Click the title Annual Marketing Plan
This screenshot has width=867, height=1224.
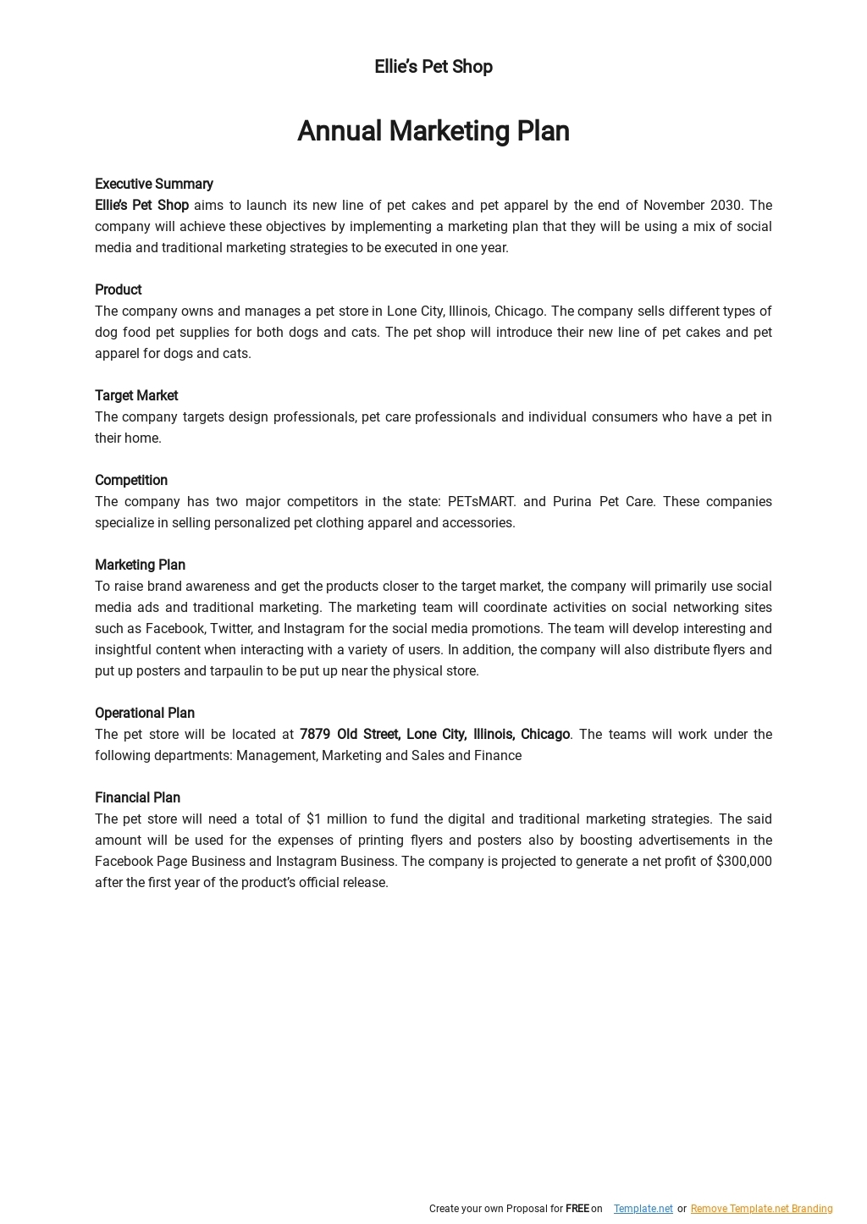[x=433, y=131]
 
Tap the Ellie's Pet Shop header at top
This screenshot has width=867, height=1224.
[x=433, y=67]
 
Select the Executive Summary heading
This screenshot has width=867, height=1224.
[x=154, y=184]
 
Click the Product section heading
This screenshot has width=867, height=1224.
[x=118, y=289]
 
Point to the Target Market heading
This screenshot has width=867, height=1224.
[x=136, y=395]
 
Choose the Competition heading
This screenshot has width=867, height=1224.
[x=131, y=480]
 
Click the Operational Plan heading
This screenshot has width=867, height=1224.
[x=145, y=713]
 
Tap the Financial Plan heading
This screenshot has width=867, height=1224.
[x=137, y=797]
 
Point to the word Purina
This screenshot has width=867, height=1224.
[x=572, y=501]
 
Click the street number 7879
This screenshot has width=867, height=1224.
[x=315, y=734]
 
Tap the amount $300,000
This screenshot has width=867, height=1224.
[x=743, y=861]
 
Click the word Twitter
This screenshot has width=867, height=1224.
[x=230, y=628]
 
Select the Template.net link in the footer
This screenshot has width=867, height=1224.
[x=643, y=1209]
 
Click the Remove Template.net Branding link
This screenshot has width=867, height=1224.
[x=761, y=1209]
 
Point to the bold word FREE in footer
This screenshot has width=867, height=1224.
[x=577, y=1209]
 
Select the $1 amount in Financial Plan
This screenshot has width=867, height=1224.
[x=313, y=819]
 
